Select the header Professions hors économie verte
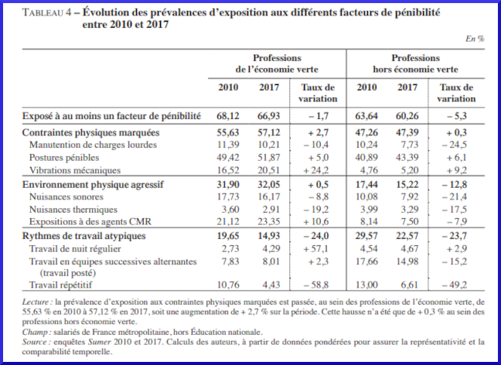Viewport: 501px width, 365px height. coord(415,63)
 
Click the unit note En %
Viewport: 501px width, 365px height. coord(474,38)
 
